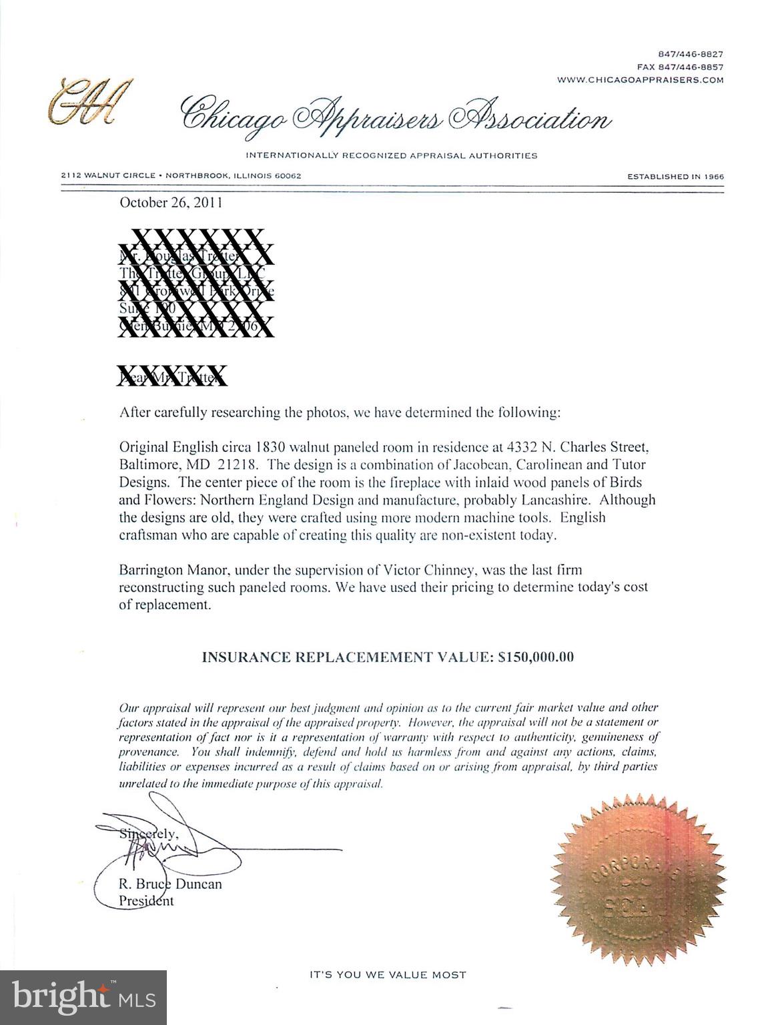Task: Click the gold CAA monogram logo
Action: point(85,102)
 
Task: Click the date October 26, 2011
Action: point(171,203)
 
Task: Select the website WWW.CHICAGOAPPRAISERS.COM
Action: point(640,79)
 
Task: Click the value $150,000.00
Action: point(536,657)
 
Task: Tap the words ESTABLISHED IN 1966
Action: point(675,176)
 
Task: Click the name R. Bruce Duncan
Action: point(170,884)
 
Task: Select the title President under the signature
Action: point(146,901)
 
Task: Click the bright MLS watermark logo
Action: point(83,998)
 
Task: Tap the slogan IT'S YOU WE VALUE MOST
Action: point(388,975)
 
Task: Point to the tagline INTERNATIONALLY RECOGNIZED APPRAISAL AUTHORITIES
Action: point(392,156)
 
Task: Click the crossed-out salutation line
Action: point(172,377)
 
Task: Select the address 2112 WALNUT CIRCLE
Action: point(107,176)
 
